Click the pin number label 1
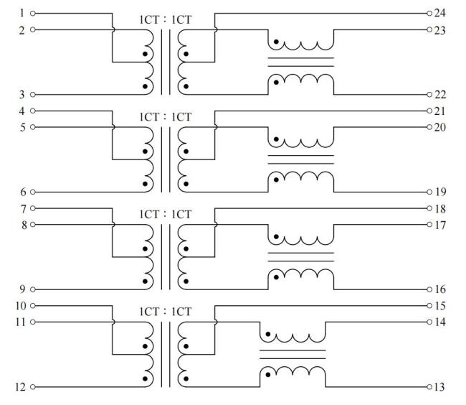coord(22,13)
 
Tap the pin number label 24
coord(440,13)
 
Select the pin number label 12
coord(20,388)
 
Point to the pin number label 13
coord(440,388)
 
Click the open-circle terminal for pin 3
coord(33,94)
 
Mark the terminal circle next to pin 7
coord(33,208)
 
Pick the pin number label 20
coord(440,127)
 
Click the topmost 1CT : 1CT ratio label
coord(166,19)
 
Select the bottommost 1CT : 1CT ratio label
coord(166,312)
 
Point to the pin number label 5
coord(22,127)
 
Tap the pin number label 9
coord(22,290)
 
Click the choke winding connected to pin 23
coord(301,43)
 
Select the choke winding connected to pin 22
coord(301,80)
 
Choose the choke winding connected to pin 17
coord(301,238)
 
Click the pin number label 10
coord(20,306)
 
